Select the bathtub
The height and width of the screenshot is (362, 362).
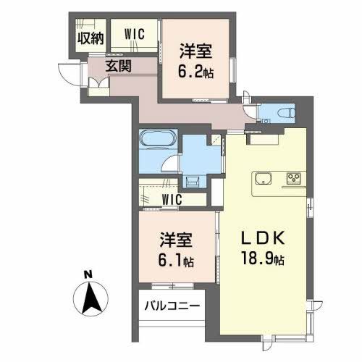(155, 139)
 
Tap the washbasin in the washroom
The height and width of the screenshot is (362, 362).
(193, 181)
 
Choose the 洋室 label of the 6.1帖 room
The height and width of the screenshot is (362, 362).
(174, 239)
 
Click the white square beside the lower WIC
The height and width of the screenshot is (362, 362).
(214, 195)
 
